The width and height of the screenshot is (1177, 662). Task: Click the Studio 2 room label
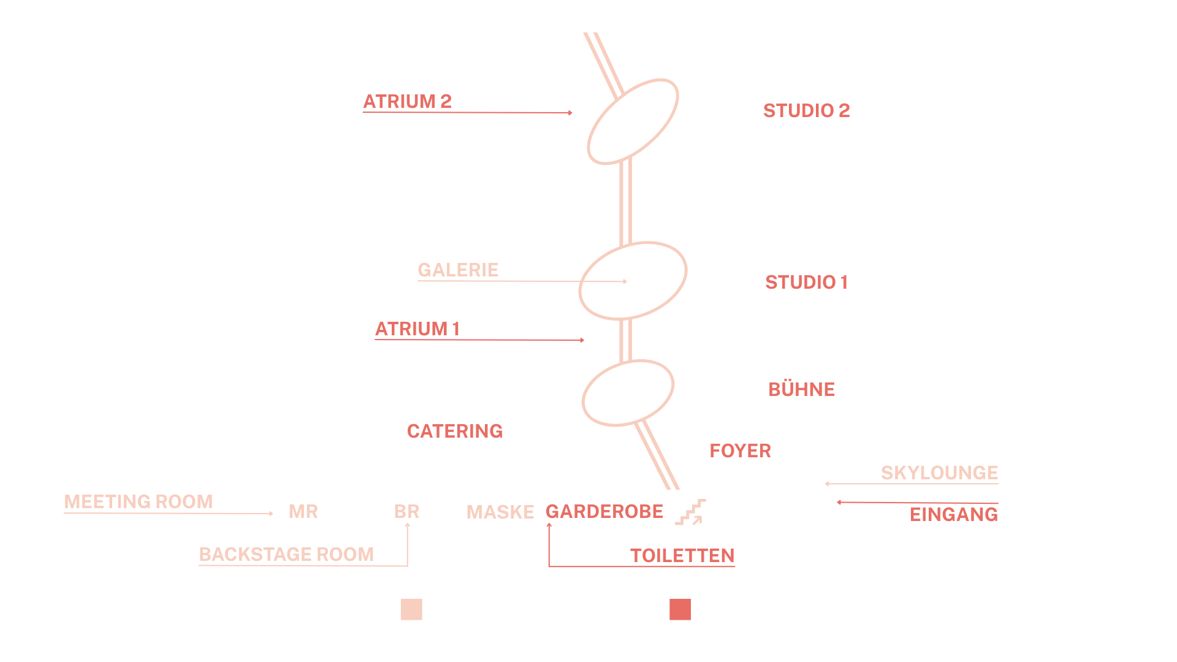point(806,110)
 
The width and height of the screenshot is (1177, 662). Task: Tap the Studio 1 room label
point(806,282)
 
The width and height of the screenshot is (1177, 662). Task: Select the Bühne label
point(801,389)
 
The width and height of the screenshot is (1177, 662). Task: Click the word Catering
point(454,431)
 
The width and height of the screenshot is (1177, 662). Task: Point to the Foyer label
point(740,451)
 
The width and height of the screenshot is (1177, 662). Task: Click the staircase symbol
point(690,512)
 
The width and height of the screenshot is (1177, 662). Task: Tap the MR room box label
point(303,511)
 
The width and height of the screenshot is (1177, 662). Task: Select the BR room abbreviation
point(406,511)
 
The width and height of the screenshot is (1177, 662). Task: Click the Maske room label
point(500,512)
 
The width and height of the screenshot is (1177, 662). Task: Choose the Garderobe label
point(604,511)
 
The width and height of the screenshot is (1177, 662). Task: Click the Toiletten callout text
point(682,555)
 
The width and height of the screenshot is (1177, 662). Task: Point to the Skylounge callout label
point(939,473)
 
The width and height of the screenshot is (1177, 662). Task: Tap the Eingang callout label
point(953,514)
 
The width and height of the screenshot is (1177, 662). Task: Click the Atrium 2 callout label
point(407,101)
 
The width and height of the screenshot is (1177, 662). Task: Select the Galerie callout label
point(458,270)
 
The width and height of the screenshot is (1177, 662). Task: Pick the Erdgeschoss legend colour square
point(680,609)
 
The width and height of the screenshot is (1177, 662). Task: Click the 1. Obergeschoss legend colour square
point(411,609)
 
